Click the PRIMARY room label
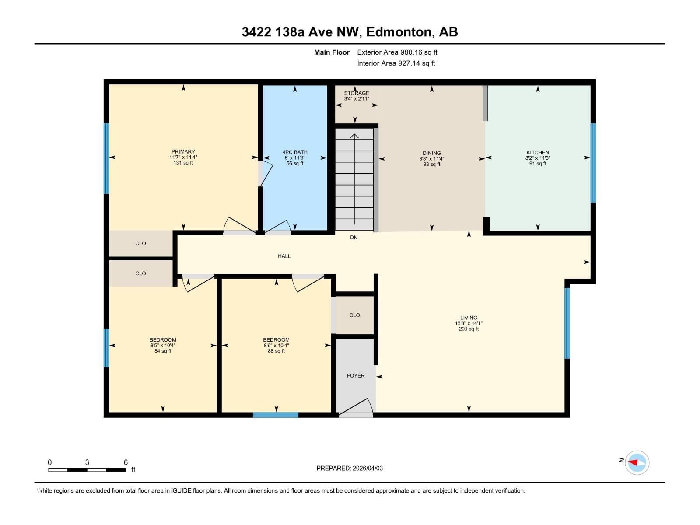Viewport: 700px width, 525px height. point(183,151)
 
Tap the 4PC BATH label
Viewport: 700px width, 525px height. point(295,152)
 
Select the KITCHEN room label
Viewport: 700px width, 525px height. point(538,152)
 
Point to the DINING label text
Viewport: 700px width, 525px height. point(431,153)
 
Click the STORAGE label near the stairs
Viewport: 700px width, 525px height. point(356,93)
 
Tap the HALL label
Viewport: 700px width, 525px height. point(284,256)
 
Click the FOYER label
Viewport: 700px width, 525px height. point(355,376)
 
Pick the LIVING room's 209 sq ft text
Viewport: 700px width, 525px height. point(469,329)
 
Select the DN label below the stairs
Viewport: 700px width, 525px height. point(353,238)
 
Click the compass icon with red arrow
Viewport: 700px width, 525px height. point(637,462)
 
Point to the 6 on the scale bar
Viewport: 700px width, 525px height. point(126,462)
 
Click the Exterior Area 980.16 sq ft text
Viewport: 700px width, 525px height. point(397,52)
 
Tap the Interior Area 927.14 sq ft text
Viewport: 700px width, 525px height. point(396,63)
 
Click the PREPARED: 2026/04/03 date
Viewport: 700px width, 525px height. point(350,468)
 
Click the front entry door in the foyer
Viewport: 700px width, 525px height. point(355,408)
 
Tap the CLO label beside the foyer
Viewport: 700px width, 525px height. point(354,315)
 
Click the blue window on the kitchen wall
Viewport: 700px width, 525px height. point(593,163)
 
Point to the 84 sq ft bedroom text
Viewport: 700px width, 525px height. point(163,351)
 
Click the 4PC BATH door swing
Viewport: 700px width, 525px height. point(277,226)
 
